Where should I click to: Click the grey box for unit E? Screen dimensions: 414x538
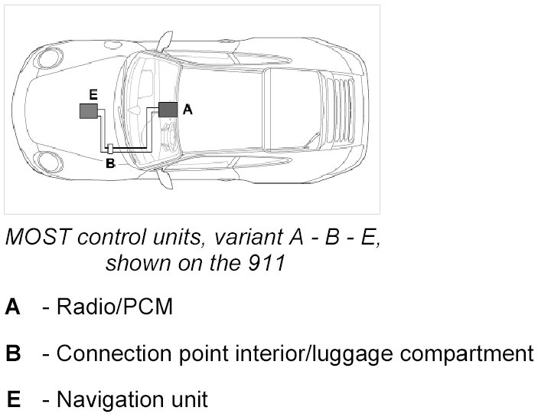[89, 111]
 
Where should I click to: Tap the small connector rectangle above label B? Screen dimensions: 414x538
[109, 148]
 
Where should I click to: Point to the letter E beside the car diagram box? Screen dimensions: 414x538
[93, 94]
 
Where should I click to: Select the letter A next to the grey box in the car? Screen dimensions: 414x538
[187, 110]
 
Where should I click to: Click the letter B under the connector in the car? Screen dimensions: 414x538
[109, 163]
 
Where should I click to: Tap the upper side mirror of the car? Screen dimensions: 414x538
[163, 38]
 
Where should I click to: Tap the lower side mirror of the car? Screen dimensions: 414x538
[163, 178]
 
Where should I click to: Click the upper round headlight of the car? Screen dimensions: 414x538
[51, 54]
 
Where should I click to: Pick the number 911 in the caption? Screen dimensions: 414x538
[269, 264]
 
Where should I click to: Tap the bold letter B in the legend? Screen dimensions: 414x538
[13, 353]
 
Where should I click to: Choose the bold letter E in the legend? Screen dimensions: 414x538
[13, 399]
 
